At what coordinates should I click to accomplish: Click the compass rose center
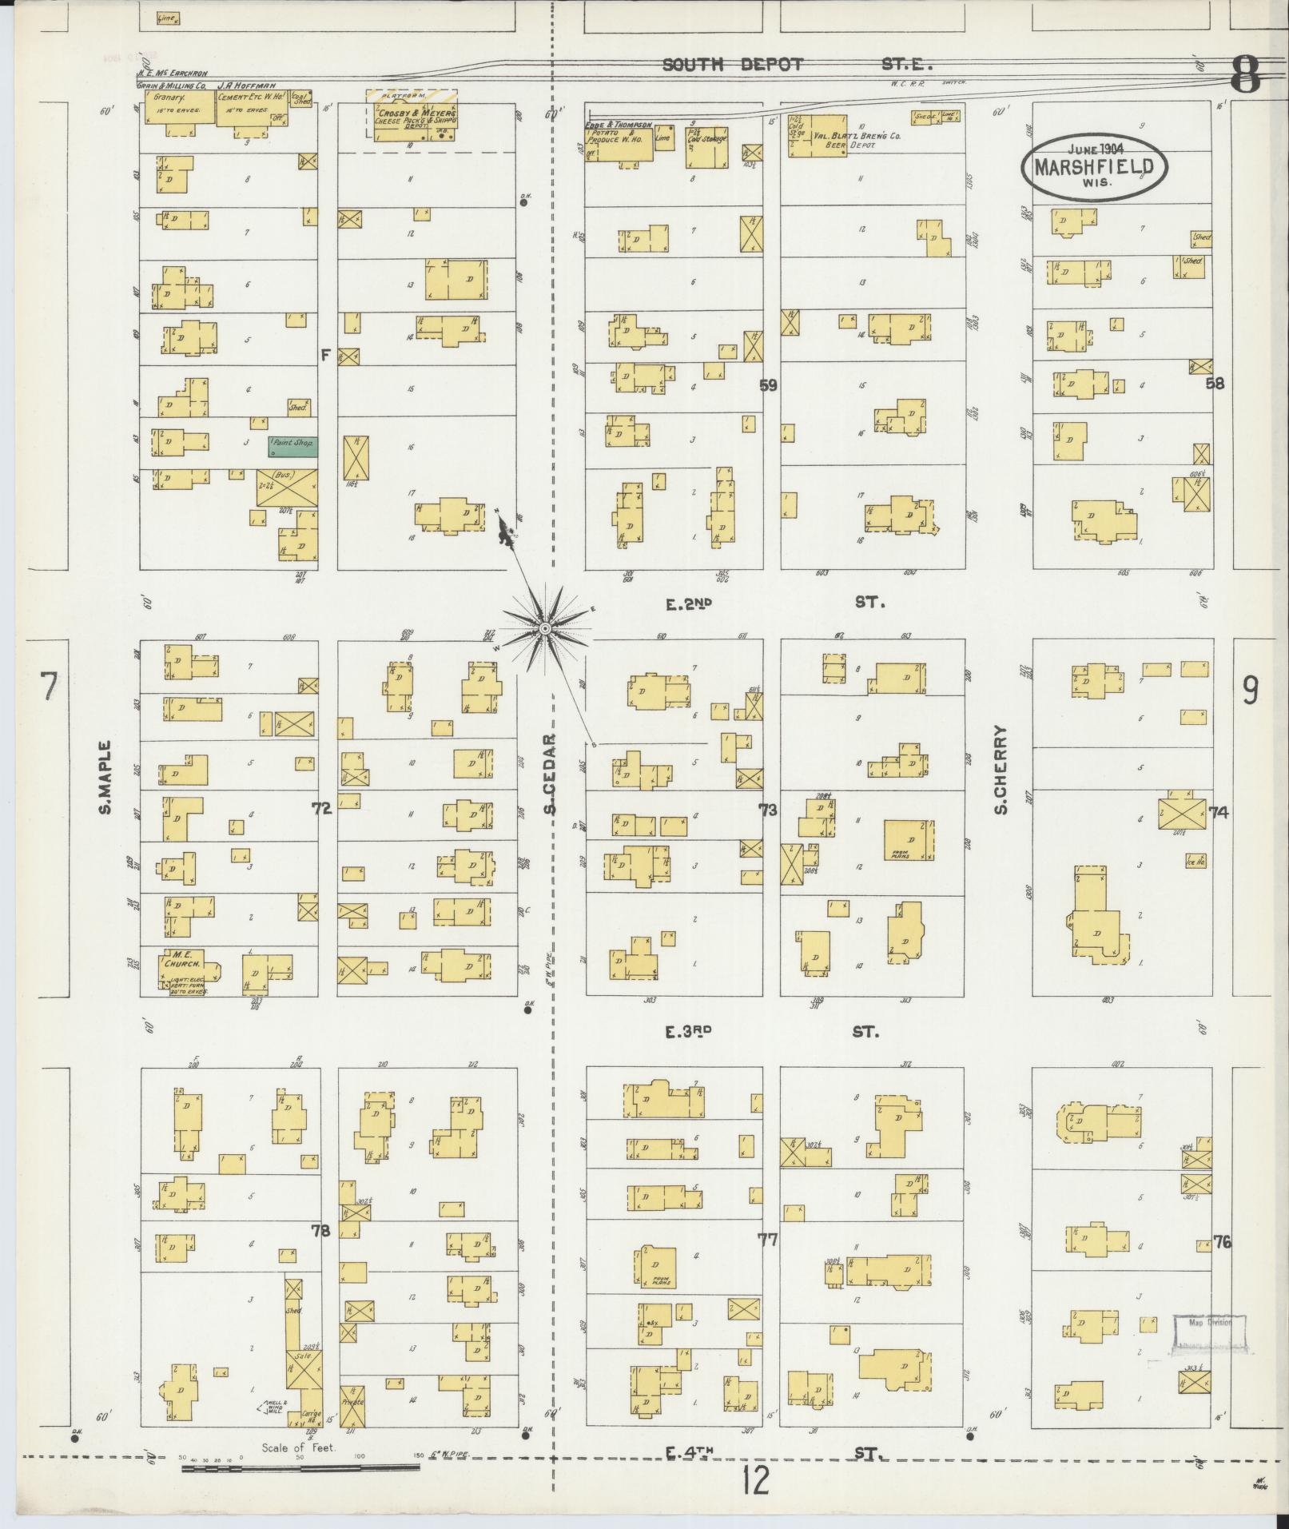(x=544, y=629)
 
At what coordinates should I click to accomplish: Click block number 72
(x=321, y=810)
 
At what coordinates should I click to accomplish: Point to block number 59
(x=768, y=385)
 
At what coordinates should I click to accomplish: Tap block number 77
(x=767, y=1240)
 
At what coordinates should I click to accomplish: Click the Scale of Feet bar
(x=300, y=1467)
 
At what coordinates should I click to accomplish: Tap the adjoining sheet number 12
(x=754, y=1481)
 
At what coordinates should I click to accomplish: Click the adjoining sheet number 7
(x=50, y=687)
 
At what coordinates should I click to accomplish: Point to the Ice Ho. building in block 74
(x=1195, y=861)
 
